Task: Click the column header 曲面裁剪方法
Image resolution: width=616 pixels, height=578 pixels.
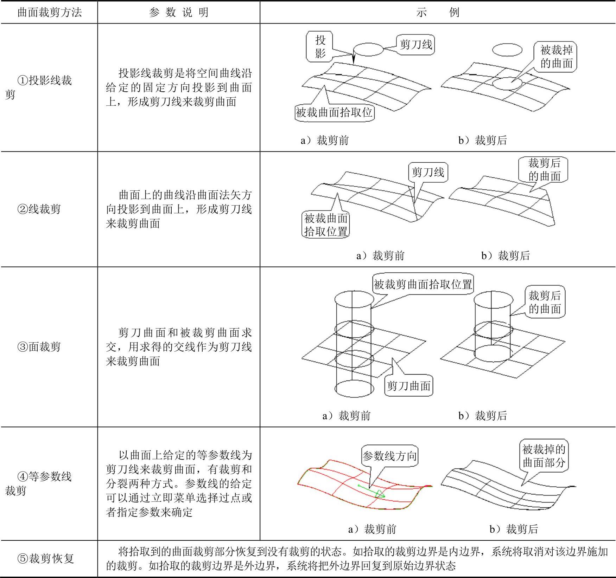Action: click(49, 13)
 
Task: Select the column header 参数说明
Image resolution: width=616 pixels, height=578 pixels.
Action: click(179, 13)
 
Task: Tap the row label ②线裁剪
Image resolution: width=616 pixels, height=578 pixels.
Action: click(39, 209)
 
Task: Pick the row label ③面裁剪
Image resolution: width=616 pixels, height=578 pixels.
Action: click(39, 347)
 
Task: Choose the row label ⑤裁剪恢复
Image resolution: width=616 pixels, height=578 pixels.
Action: click(46, 558)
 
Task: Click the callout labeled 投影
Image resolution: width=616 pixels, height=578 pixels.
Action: click(320, 46)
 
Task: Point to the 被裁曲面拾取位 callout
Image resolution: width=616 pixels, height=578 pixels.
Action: click(334, 112)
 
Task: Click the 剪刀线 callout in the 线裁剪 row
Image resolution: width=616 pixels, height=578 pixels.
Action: click(428, 172)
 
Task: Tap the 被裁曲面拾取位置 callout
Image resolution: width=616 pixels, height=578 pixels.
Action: click(326, 225)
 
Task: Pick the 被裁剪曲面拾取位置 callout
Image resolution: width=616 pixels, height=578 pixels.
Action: click(423, 284)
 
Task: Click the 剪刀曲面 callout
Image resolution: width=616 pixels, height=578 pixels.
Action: click(408, 386)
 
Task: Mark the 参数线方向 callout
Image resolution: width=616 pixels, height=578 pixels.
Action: click(389, 456)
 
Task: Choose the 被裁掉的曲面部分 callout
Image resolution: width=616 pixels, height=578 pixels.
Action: click(544, 456)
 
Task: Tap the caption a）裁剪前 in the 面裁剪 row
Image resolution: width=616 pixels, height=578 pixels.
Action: click(347, 416)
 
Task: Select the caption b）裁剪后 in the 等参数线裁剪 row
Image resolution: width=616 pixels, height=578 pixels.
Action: click(514, 529)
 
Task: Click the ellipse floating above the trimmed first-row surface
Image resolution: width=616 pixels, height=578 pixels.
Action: click(507, 50)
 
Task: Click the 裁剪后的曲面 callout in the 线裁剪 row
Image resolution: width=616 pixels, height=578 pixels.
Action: click(544, 169)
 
